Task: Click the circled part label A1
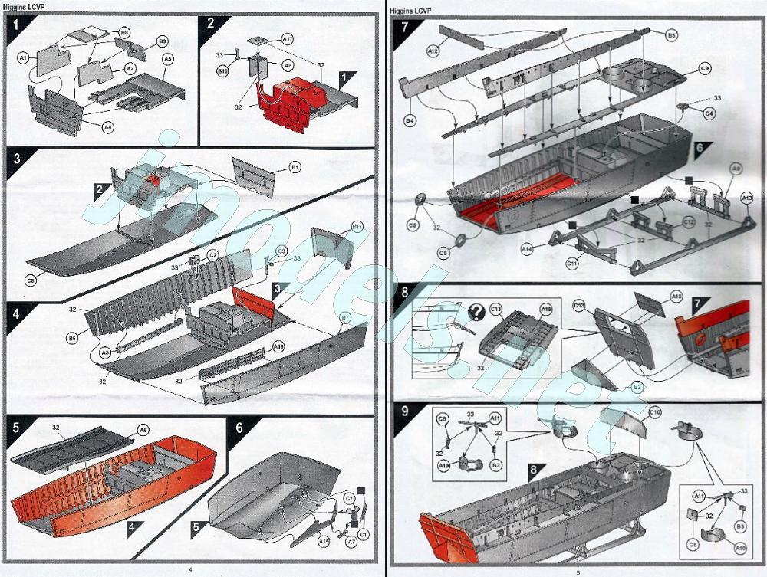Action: [x=23, y=57]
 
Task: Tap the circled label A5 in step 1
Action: [x=167, y=58]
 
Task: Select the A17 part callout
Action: [x=288, y=38]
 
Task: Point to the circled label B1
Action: [x=295, y=166]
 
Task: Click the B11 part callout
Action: [x=357, y=227]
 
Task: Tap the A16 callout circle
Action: [x=279, y=346]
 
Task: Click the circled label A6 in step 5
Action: [x=143, y=430]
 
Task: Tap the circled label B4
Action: [x=410, y=120]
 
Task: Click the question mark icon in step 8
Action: [x=476, y=311]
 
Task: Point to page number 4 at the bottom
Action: [x=189, y=569]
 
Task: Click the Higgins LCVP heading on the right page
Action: [x=411, y=11]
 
